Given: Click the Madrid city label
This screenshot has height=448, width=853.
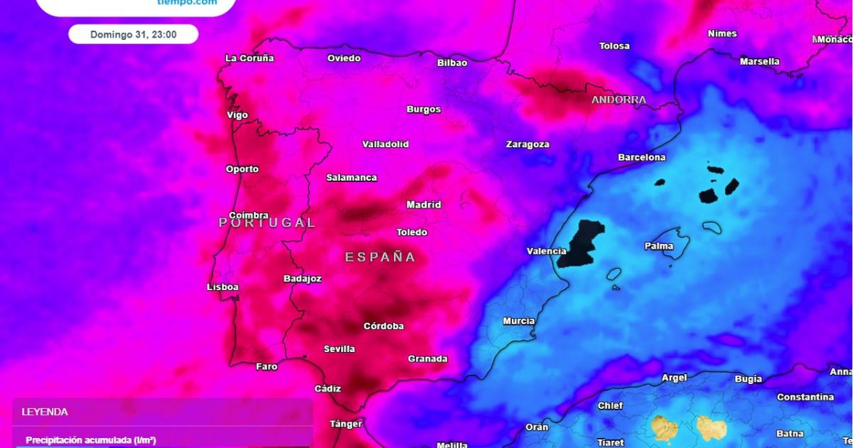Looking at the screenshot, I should click(424, 205).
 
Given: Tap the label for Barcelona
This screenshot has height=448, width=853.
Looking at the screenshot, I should click(641, 157).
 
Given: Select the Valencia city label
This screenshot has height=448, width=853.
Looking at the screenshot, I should click(546, 251).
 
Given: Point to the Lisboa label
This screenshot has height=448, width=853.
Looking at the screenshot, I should click(222, 287).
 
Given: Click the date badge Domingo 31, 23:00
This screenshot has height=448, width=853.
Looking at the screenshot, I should click(134, 34).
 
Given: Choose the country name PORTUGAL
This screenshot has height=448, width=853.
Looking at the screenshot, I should click(267, 223).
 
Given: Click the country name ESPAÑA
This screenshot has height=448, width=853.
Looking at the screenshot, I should click(380, 257).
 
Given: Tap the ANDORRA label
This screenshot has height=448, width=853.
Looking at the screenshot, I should click(618, 100).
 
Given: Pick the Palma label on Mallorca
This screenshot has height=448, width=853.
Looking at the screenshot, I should click(658, 247).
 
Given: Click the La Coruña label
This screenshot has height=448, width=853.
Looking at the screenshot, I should click(249, 58).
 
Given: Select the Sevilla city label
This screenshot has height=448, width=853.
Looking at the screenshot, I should click(339, 349).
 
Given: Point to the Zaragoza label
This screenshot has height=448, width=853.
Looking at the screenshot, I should click(527, 144).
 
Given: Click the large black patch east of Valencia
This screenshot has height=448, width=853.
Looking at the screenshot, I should click(581, 243).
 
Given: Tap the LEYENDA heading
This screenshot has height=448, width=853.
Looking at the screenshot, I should click(45, 412).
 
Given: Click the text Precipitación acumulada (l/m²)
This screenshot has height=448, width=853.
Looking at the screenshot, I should click(91, 440).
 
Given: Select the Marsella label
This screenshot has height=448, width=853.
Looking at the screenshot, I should click(759, 62).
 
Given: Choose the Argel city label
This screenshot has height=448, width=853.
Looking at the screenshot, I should click(674, 378).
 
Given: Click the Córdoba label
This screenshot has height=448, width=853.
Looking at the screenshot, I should click(384, 326).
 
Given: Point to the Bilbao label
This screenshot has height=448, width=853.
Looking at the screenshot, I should click(452, 63).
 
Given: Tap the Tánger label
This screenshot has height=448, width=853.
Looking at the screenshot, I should click(346, 424).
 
